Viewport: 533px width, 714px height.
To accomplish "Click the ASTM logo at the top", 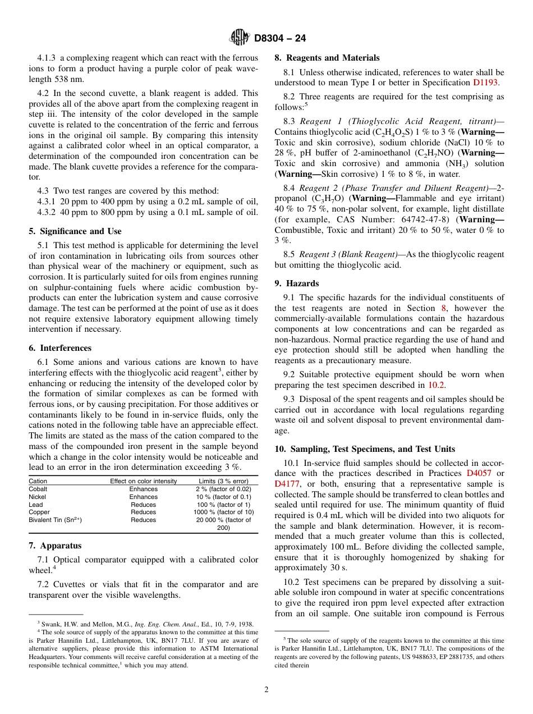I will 240,38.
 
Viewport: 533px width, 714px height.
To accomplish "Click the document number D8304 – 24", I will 280,39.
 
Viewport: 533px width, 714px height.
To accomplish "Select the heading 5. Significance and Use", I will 75,231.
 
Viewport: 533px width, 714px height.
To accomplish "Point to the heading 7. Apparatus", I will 55,546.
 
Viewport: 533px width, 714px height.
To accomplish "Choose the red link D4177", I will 287,484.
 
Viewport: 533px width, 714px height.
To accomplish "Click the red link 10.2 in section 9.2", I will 436,385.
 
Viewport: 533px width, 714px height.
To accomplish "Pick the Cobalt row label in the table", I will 38,489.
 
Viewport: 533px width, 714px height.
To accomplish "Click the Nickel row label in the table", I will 38,497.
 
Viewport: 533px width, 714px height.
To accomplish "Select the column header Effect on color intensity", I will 143,481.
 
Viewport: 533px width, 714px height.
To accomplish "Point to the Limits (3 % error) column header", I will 223,481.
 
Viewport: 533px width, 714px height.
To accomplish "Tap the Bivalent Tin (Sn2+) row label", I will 55,520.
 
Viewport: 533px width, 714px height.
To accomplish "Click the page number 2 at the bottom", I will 266,690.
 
